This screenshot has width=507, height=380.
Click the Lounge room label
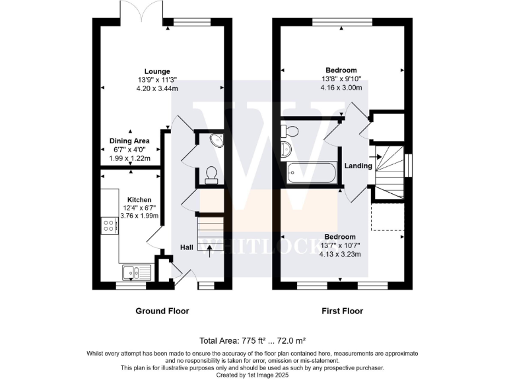pyautogui.click(x=158, y=71)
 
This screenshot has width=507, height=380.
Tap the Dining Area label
pyautogui.click(x=129, y=141)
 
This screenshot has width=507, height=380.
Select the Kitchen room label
pyautogui.click(x=139, y=199)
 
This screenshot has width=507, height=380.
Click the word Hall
pyautogui.click(x=187, y=247)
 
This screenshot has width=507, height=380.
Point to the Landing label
pyautogui.click(x=358, y=166)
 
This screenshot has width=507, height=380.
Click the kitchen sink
pyautogui.click(x=137, y=272)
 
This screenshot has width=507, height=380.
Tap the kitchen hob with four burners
pyautogui.click(x=110, y=226)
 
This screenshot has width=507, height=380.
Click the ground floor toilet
pyautogui.click(x=212, y=173)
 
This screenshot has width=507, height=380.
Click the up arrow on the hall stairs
pyautogui.click(x=211, y=249)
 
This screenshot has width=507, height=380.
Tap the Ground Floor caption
pyautogui.click(x=162, y=311)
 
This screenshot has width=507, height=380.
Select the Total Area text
pyautogui.click(x=253, y=341)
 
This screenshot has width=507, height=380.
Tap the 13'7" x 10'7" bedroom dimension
pyautogui.click(x=341, y=245)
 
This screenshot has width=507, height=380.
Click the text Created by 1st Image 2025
pyautogui.click(x=253, y=373)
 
